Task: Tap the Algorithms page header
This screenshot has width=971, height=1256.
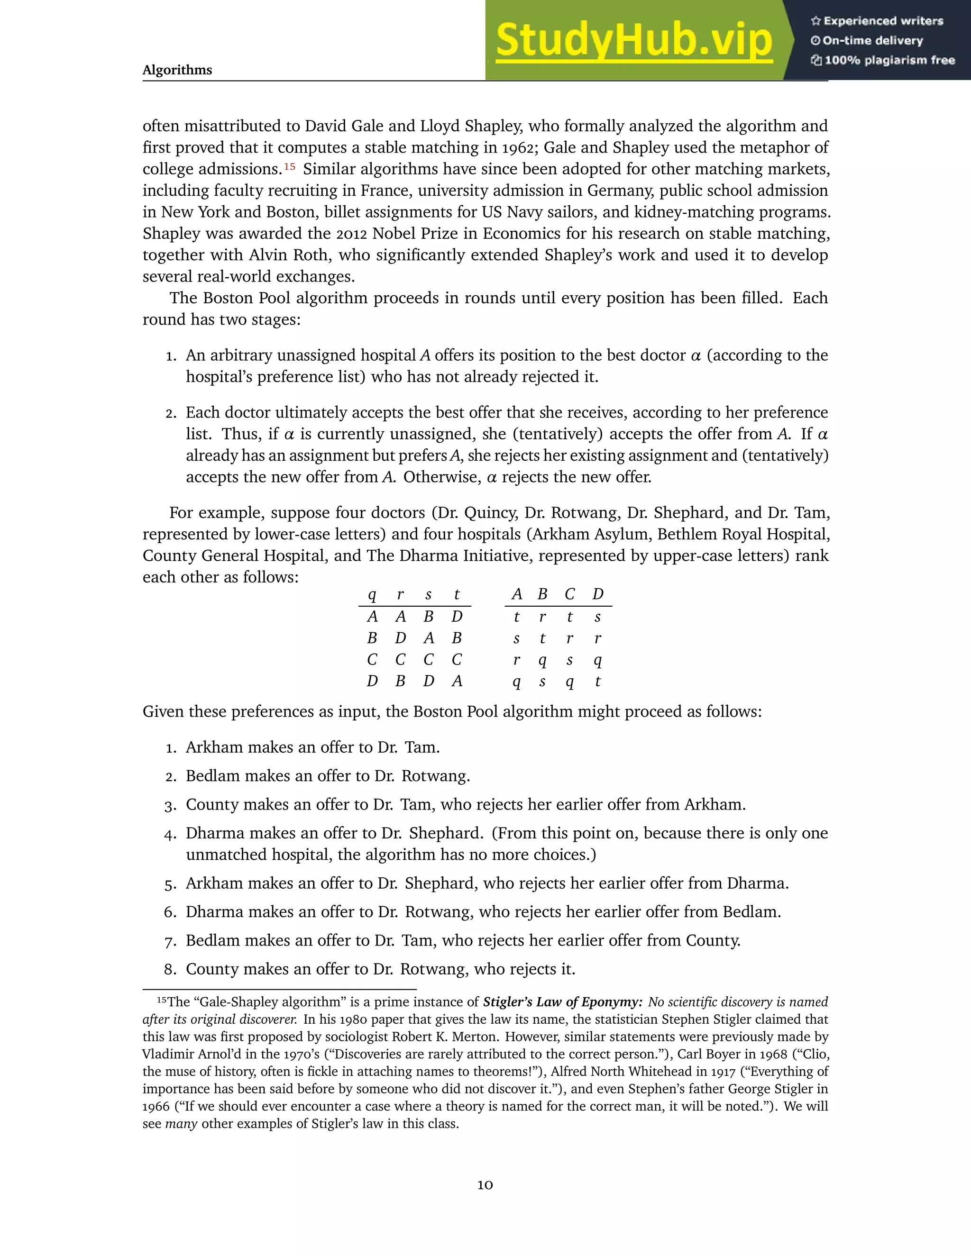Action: pyautogui.click(x=177, y=70)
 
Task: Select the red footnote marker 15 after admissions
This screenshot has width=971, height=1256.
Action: pyautogui.click(x=289, y=167)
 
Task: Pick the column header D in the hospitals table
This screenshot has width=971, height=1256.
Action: pyautogui.click(x=598, y=594)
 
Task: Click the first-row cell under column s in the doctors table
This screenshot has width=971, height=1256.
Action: pyautogui.click(x=429, y=617)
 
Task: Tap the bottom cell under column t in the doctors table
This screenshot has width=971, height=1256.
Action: pyautogui.click(x=457, y=682)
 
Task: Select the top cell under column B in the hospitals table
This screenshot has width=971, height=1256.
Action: pyautogui.click(x=542, y=617)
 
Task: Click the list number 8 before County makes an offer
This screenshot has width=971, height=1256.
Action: pyautogui.click(x=170, y=970)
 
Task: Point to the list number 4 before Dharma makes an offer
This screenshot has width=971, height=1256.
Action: pyautogui.click(x=170, y=834)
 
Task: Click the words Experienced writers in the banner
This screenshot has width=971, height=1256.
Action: pyautogui.click(x=883, y=21)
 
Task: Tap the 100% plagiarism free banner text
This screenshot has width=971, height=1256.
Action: pyautogui.click(x=889, y=60)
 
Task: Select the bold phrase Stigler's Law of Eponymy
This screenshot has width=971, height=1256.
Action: pyautogui.click(x=562, y=1002)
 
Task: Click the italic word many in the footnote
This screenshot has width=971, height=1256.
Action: pyautogui.click(x=181, y=1124)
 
